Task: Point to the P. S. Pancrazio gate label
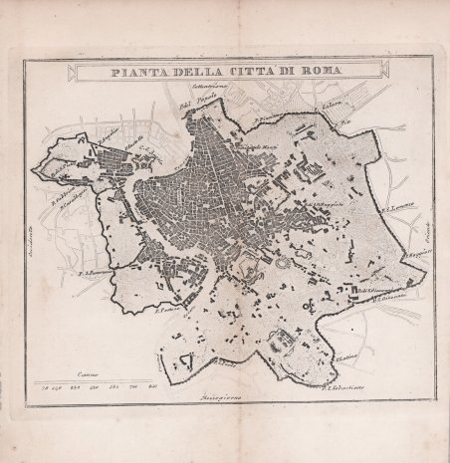(93, 270)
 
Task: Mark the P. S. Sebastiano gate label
(338, 386)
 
